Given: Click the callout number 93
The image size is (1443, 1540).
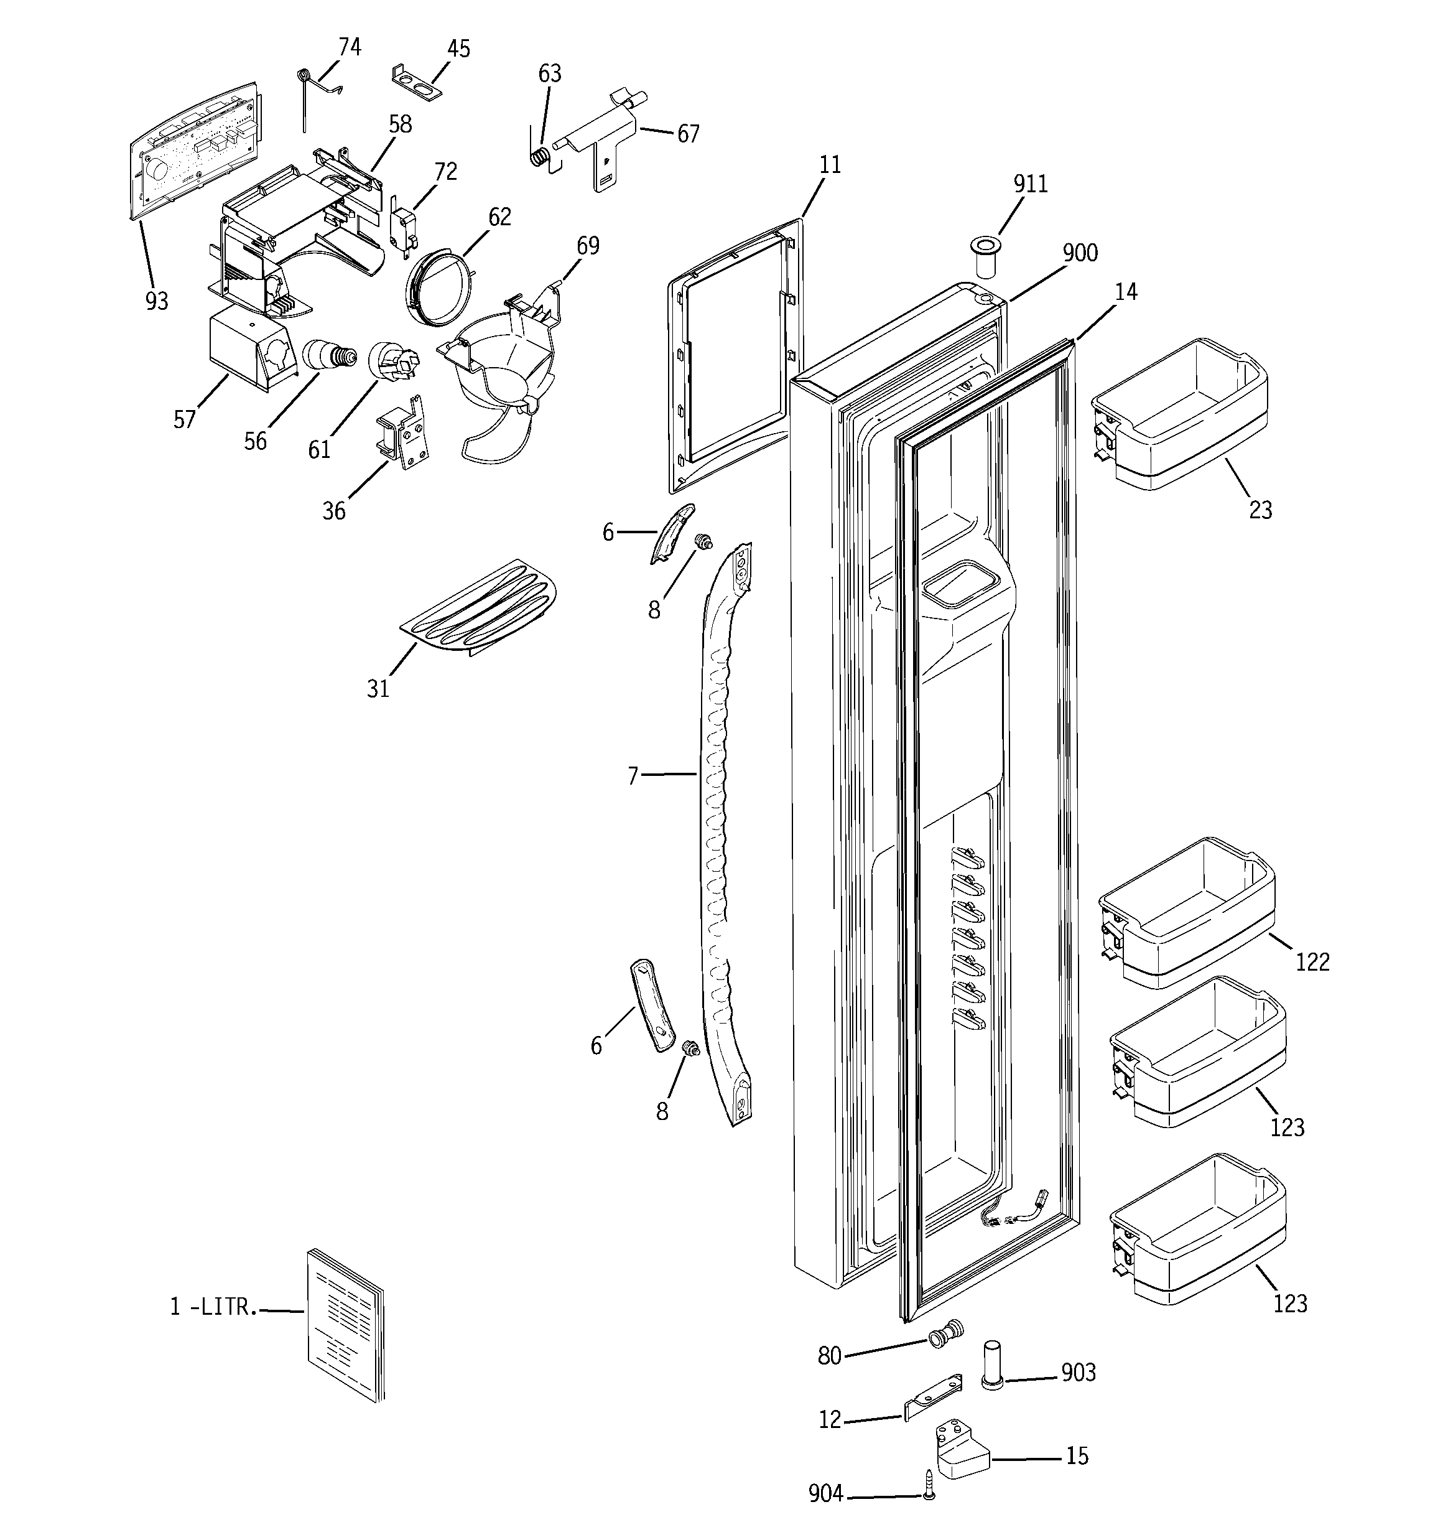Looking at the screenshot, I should coord(157,301).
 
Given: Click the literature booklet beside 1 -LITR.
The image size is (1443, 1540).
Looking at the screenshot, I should coord(345,1325).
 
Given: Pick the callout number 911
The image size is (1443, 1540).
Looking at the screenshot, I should coord(1030,184).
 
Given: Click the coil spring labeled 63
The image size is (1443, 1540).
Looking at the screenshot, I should coord(543,157).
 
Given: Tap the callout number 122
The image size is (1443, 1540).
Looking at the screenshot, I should coord(1312,961).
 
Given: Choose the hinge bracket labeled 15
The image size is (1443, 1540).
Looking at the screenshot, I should coord(961,1452).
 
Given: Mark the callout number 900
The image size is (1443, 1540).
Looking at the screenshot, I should coord(1080,253).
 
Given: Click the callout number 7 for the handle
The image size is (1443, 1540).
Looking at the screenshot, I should coord(633,775).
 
